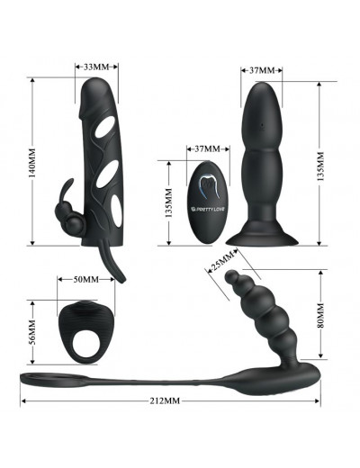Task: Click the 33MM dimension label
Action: pos(96,67)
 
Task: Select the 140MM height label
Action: pos(31,162)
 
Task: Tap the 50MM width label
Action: pos(86,280)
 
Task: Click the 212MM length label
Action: pos(165,400)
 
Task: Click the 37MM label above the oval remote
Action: pos(207,148)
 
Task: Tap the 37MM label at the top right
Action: pos(262,70)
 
